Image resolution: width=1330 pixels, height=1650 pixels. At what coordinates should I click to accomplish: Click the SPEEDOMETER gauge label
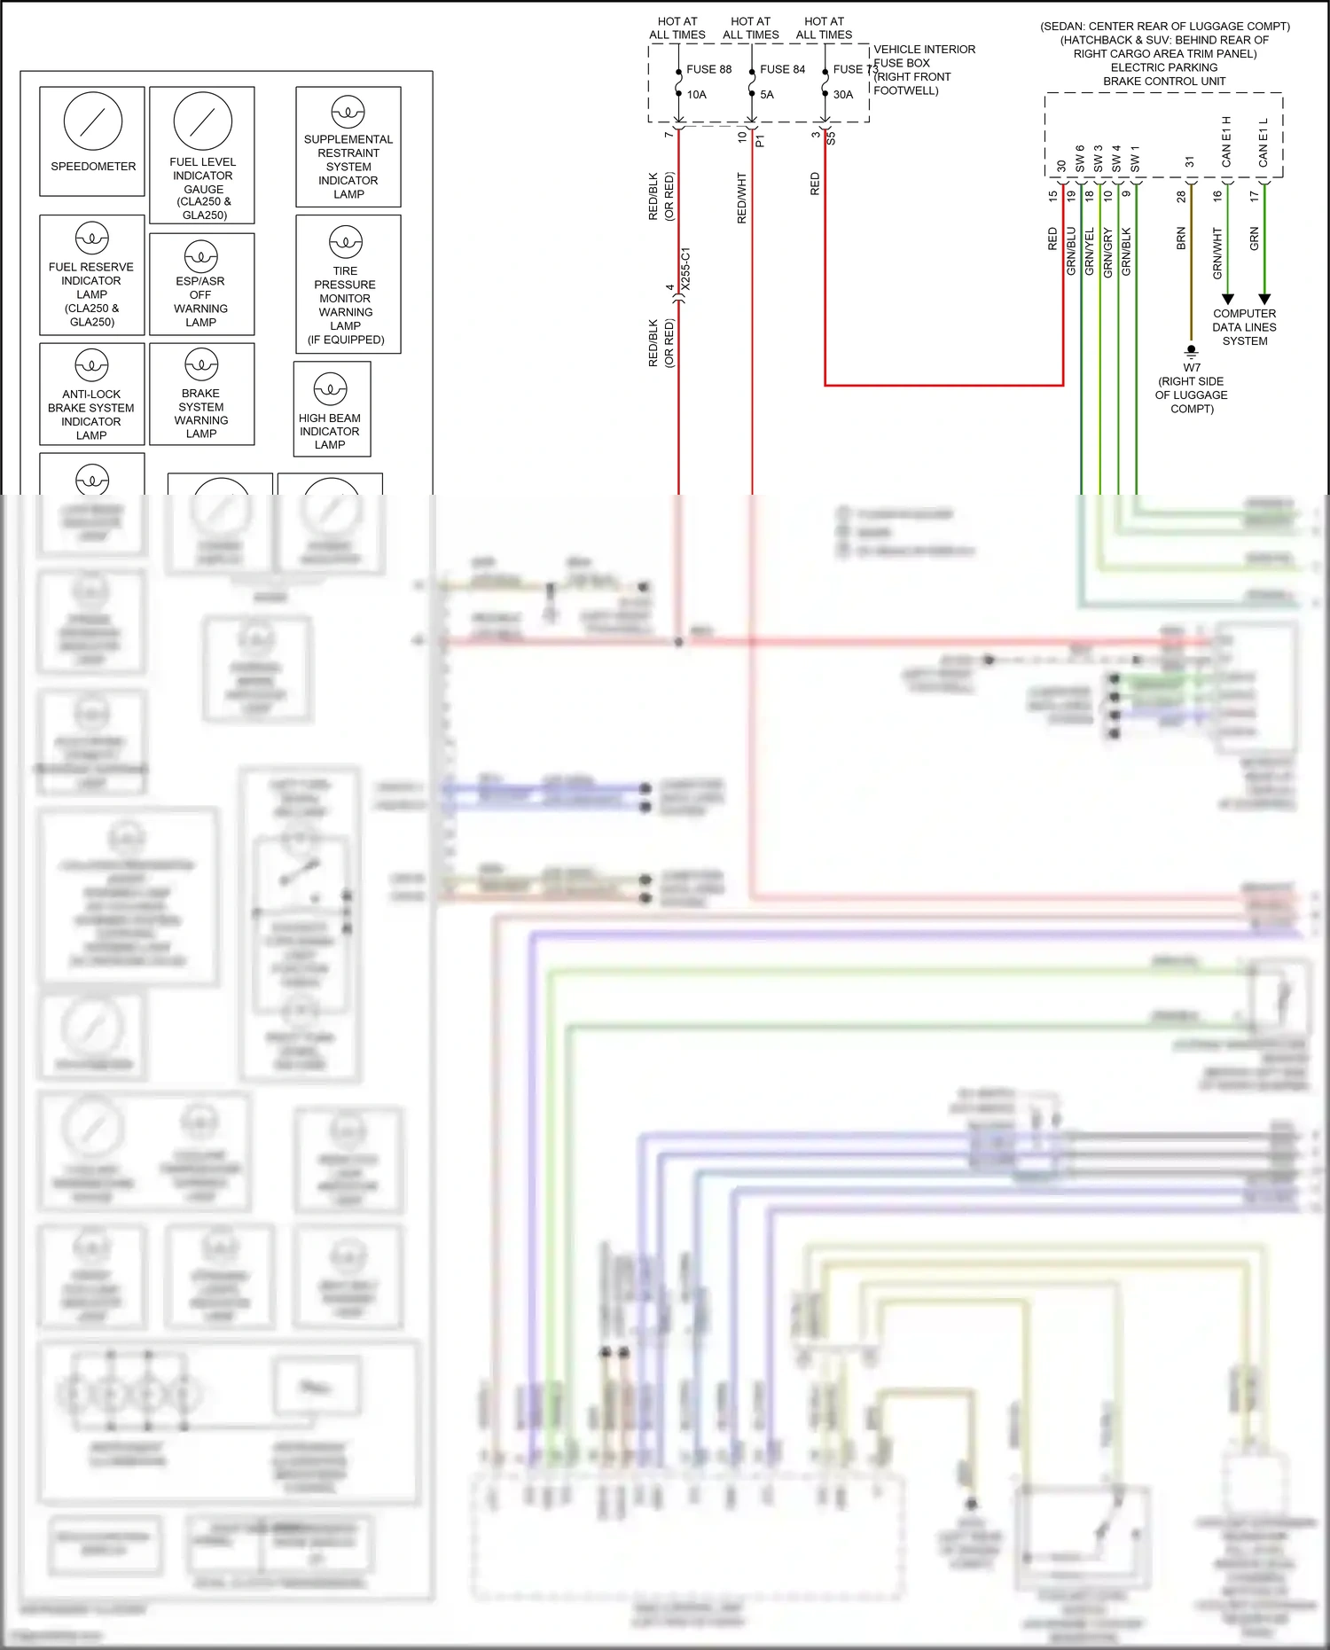93,167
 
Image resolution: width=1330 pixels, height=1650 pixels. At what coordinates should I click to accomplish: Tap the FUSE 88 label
708,69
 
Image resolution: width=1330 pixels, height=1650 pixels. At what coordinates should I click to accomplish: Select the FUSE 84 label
782,69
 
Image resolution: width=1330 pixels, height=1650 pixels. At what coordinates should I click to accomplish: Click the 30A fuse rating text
842,95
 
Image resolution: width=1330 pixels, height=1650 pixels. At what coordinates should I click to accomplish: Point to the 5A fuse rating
766,95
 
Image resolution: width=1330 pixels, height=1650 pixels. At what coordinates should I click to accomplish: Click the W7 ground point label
1191,367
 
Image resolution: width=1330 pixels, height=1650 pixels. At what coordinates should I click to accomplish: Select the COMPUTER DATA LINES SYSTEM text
1244,327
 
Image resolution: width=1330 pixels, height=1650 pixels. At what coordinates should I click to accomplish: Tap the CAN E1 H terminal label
1226,142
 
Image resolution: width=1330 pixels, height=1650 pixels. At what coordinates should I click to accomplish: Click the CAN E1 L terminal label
1263,142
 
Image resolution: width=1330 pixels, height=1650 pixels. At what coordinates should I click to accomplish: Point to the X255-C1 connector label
685,270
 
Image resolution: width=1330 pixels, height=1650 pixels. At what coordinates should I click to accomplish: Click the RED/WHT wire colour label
742,198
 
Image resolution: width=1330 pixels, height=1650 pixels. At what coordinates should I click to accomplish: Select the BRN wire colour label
1181,239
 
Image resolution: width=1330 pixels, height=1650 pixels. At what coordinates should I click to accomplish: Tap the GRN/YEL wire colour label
1090,251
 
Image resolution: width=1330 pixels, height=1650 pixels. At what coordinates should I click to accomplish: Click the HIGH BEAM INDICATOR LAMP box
331,409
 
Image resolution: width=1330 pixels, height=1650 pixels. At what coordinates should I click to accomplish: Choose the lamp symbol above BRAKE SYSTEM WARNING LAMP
201,364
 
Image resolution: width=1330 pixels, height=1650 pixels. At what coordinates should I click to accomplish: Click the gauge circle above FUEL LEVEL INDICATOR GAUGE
203,121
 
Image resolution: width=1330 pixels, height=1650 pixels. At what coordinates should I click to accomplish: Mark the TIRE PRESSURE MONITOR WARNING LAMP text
346,305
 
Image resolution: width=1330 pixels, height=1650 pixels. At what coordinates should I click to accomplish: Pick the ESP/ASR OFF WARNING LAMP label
201,301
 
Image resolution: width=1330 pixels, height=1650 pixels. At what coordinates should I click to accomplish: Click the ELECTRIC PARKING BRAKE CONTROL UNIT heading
1163,74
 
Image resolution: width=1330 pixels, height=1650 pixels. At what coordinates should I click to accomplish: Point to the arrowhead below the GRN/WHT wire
1227,300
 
